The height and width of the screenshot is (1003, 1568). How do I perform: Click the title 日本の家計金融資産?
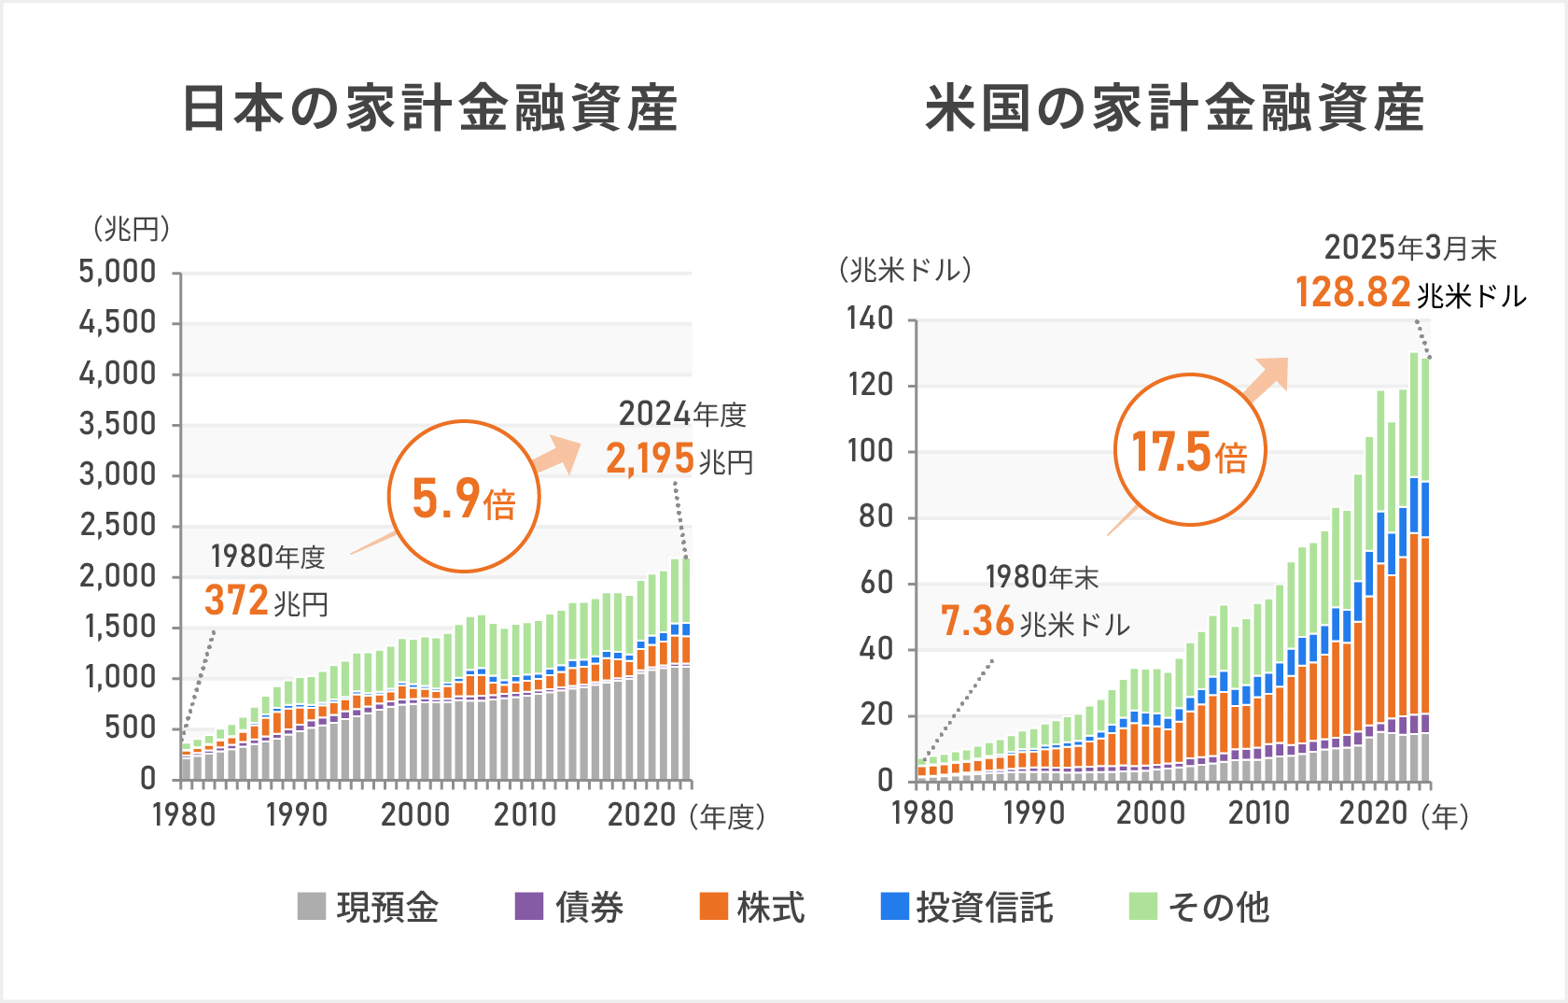point(430,108)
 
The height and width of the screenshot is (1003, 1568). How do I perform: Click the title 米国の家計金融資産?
point(1175,108)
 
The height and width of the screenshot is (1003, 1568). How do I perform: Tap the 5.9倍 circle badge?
point(464,497)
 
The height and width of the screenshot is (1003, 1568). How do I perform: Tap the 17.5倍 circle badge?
point(1190,450)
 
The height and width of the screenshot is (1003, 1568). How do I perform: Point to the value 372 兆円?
point(266,601)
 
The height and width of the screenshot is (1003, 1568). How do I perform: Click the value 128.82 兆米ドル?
point(1409,293)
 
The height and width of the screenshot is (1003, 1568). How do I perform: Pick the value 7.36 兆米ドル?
point(1034,622)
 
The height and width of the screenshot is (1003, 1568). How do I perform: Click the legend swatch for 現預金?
point(311,906)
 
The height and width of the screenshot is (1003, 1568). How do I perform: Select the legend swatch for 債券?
point(529,906)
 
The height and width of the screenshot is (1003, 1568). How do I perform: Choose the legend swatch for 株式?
point(714,906)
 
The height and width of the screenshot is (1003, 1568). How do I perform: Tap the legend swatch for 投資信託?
point(895,906)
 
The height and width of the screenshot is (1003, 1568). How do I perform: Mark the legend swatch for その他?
point(1143,906)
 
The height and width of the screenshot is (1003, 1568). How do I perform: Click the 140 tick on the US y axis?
point(870,319)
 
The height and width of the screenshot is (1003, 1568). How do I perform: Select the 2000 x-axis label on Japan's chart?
point(414,815)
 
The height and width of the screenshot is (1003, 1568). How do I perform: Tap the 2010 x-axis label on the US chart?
point(1258,813)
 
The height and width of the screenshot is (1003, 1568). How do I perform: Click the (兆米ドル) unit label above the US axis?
point(904,271)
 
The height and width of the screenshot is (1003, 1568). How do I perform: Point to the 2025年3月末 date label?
point(1409,248)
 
